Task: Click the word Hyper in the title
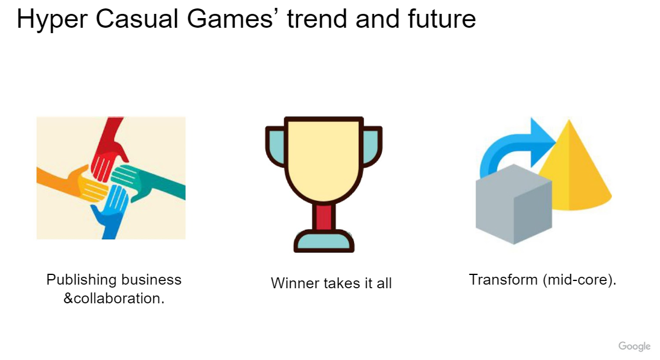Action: tap(52, 19)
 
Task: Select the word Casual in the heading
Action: tap(137, 19)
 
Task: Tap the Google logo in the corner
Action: tap(634, 346)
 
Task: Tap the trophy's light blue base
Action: tap(324, 241)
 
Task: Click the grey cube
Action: tap(513, 204)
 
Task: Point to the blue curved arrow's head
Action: tap(543, 142)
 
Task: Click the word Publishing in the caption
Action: tap(81, 280)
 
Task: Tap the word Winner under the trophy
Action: tap(295, 283)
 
